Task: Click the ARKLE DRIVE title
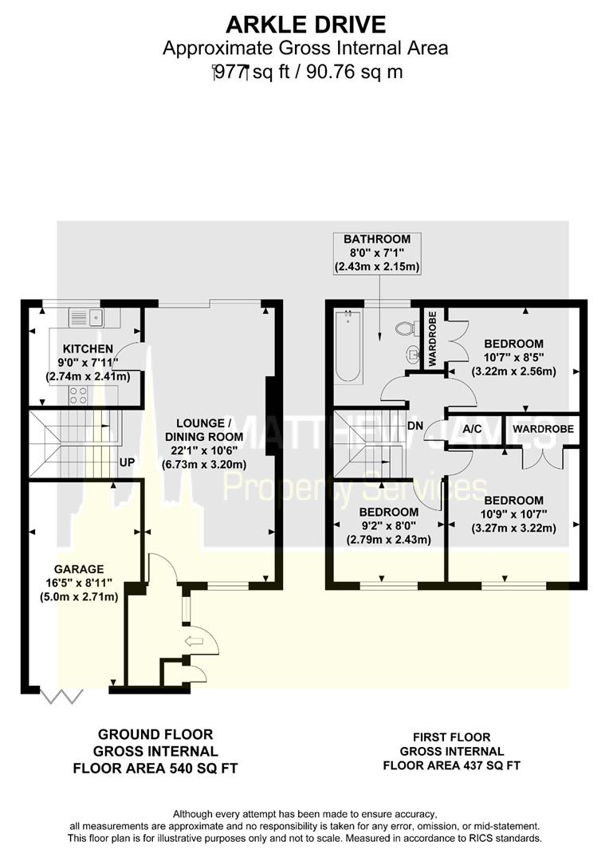(305, 23)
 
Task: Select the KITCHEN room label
(88, 349)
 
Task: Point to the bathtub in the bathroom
(348, 346)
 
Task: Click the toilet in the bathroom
(405, 328)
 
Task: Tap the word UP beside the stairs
(127, 462)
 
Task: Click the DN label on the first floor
(415, 426)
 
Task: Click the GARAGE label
(79, 569)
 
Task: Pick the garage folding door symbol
(61, 698)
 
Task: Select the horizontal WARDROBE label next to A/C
(539, 428)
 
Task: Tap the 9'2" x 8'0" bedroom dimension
(388, 525)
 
